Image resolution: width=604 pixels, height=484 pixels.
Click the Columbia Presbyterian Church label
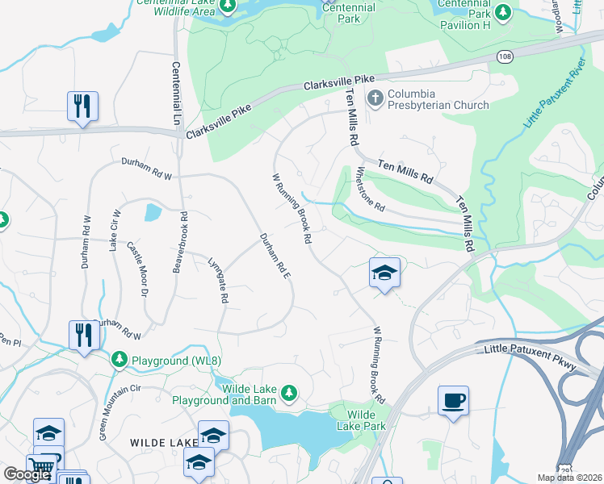[x=438, y=99]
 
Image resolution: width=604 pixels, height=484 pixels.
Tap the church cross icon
[x=375, y=99]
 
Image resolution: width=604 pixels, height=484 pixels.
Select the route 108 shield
[x=505, y=56]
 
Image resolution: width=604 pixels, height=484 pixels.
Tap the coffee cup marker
[x=453, y=400]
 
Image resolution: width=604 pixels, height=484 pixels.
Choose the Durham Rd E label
[x=275, y=257]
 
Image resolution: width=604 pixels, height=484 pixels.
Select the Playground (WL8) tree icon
[x=120, y=357]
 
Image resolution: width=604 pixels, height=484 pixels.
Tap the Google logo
[x=27, y=474]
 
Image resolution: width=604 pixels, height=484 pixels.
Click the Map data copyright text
[x=569, y=478]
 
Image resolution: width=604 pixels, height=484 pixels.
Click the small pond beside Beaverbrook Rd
[x=153, y=213]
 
